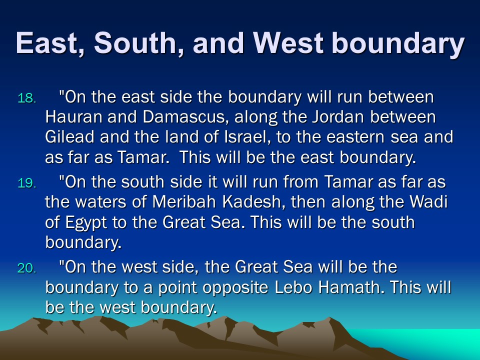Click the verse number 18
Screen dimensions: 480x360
point(27,98)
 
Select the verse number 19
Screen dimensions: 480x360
point(27,183)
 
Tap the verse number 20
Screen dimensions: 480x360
point(27,268)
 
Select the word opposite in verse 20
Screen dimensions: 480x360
point(235,288)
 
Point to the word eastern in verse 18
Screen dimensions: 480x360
point(355,137)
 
